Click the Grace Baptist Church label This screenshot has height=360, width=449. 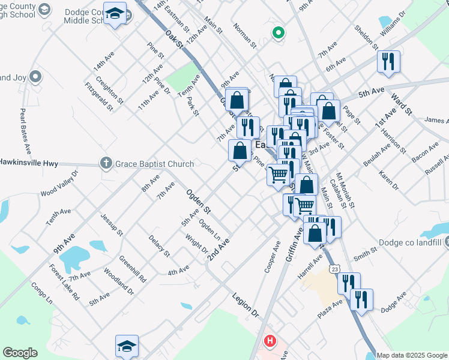pyautogui.click(x=155, y=164)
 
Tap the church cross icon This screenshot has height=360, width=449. pyautogui.click(x=106, y=163)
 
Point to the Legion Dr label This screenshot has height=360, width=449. pyautogui.click(x=245, y=305)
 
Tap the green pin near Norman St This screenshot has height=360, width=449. pyautogui.click(x=277, y=33)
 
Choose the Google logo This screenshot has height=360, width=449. pyautogui.click(x=19, y=353)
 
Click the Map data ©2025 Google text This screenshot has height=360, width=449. pyautogui.click(x=412, y=355)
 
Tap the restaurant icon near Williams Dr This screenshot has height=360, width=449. pyautogui.click(x=388, y=62)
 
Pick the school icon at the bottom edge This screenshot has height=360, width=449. pyautogui.click(x=127, y=346)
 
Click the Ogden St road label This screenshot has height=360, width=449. pyautogui.click(x=198, y=201)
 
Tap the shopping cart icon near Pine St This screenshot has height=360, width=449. pyautogui.click(x=278, y=175)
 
